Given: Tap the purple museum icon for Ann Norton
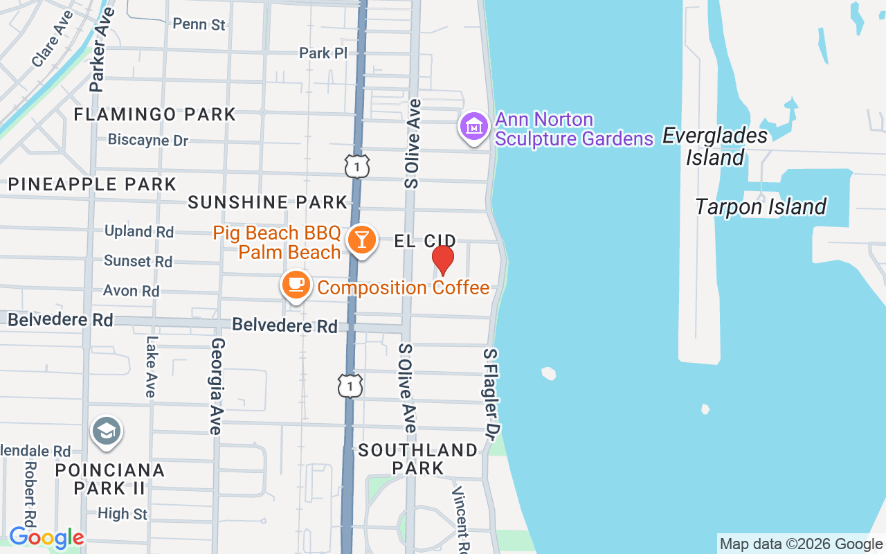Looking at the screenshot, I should coord(474,127).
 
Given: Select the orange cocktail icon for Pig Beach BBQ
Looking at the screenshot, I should coord(361,240).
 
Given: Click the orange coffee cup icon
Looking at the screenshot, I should coord(296,284).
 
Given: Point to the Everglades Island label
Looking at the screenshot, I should coord(715,146).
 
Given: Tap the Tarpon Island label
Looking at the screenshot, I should coord(761,206).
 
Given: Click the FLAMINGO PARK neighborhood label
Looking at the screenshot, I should coord(155,114).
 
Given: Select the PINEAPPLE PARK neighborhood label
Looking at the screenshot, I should coord(92,184).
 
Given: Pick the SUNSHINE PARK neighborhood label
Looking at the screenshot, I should coord(268,202).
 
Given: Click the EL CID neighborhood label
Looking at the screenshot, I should coord(425,241).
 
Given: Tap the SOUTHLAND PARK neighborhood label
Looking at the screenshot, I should coord(418,458).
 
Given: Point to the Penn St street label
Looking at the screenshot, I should coord(199,24).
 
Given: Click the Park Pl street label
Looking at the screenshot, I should coord(323,53).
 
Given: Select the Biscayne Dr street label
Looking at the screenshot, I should coord(148,140).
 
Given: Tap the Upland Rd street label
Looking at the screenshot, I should coord(139,231).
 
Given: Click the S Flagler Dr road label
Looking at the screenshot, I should coord(491,394).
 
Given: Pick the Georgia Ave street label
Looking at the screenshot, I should coord(217,386).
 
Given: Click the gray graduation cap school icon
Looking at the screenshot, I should coord(106,432).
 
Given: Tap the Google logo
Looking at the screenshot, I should coord(46,537).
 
